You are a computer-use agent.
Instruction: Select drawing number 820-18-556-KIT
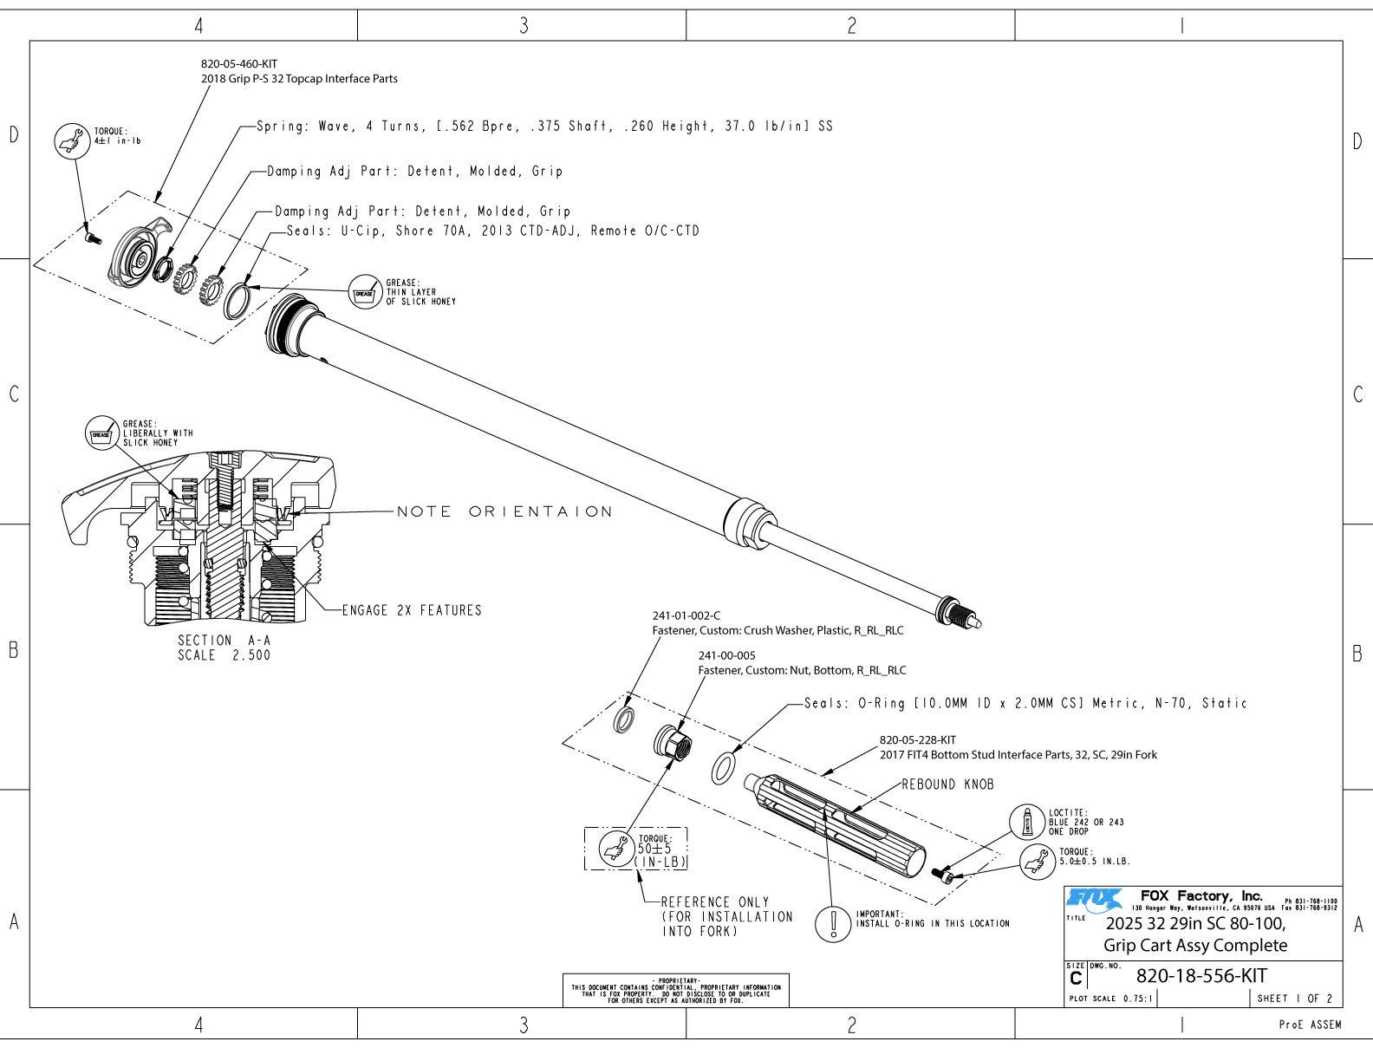(1201, 976)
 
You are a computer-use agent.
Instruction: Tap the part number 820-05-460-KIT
(239, 64)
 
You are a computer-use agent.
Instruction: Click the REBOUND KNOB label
(947, 784)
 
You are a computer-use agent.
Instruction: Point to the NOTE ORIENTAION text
(504, 511)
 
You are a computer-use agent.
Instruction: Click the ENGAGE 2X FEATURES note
(412, 610)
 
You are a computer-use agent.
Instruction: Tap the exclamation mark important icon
(833, 923)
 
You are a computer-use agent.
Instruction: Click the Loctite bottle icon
(1027, 821)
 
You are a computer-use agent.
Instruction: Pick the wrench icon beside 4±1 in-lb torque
(72, 140)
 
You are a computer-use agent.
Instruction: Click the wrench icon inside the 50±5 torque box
(617, 849)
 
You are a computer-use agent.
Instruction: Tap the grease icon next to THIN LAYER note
(365, 293)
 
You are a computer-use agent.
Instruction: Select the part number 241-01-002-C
(686, 616)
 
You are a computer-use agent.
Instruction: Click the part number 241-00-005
(726, 656)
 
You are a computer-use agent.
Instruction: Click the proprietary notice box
(675, 990)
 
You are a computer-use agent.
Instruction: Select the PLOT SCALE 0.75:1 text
(1110, 999)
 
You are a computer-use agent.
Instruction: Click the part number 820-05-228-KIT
(917, 740)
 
